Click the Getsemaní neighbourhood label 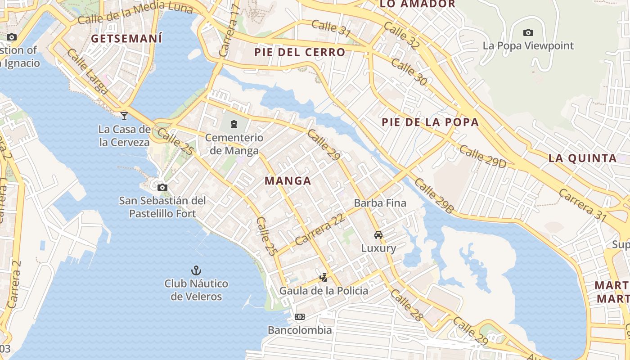click(x=126, y=39)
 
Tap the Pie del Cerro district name click(x=300, y=52)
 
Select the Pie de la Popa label click(x=430, y=122)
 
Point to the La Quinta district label click(x=582, y=158)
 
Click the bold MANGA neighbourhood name click(x=288, y=181)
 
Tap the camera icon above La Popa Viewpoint click(x=528, y=32)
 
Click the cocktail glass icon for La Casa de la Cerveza click(x=124, y=116)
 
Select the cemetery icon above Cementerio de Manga click(x=234, y=124)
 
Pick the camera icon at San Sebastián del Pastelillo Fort click(x=162, y=187)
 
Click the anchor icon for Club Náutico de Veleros click(x=196, y=270)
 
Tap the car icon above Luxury click(x=378, y=234)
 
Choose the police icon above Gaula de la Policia click(x=323, y=277)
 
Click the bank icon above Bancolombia click(x=300, y=317)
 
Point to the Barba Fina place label click(x=380, y=203)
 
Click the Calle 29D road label click(x=483, y=157)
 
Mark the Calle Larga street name click(x=88, y=72)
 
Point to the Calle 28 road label click(x=407, y=306)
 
